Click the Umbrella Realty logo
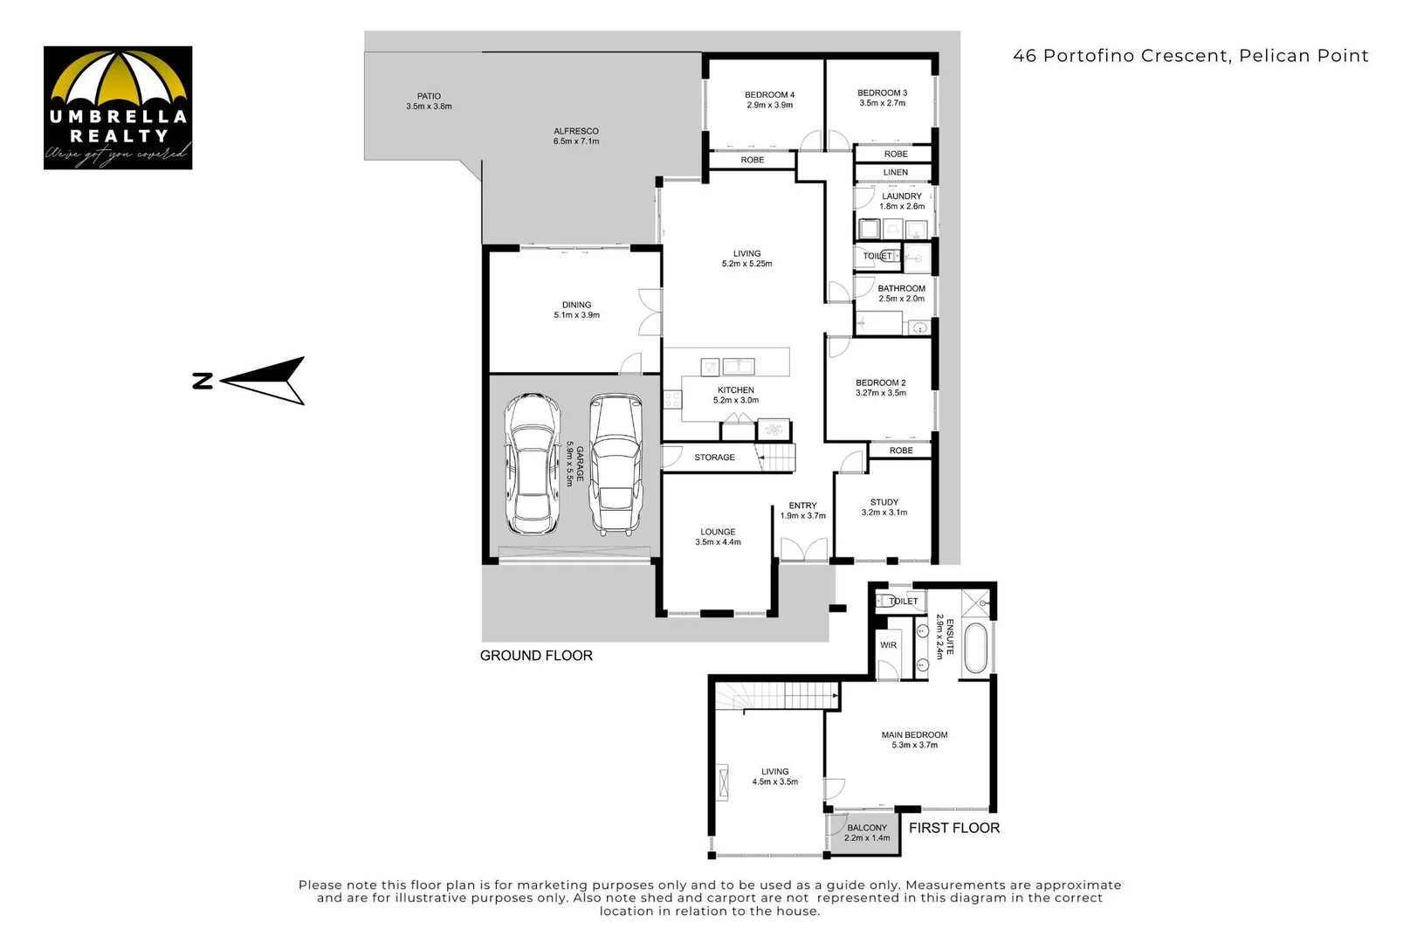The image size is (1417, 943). [118, 107]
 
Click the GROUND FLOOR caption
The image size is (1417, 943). [536, 656]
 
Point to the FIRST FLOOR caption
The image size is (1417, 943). [954, 828]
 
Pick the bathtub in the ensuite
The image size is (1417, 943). [976, 649]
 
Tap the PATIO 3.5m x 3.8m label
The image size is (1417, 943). [429, 101]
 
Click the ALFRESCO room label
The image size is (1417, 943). [576, 136]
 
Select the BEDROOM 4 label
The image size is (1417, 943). [769, 100]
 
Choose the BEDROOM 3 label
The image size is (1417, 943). [882, 98]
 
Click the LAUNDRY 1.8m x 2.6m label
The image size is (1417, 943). [901, 202]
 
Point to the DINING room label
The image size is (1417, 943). [576, 310]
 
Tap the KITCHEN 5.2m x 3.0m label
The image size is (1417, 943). [736, 396]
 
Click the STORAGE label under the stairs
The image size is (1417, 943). [714, 458]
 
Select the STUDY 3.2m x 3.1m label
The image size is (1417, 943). [884, 507]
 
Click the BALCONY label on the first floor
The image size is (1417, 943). [867, 833]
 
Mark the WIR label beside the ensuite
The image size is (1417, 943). [888, 645]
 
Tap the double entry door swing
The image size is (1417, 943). [804, 549]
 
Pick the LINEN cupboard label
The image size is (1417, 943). [896, 173]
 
